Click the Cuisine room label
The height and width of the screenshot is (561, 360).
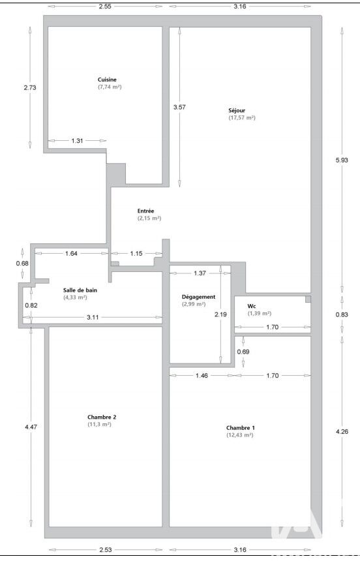pos(107,80)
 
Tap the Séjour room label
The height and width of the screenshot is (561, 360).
pos(237,110)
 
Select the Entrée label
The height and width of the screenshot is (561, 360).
pos(145,211)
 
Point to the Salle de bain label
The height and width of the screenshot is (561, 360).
pos(80,290)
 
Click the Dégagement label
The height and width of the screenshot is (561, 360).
pos(199,297)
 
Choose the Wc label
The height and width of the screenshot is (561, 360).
pos(252,306)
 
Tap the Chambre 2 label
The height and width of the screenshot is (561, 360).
pos(102,417)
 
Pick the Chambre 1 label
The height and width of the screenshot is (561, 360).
pos(241,428)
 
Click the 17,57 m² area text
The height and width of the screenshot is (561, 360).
pos(242,117)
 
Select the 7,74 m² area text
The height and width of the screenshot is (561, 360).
pos(110,87)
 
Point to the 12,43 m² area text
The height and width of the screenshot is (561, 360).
pos(240,435)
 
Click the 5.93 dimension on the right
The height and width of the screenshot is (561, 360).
pos(342,160)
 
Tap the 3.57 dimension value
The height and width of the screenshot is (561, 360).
pos(179,107)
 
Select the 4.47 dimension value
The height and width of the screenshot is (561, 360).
pos(31,427)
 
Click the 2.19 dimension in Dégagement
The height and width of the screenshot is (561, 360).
pos(221,314)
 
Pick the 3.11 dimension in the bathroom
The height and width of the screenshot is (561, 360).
pos(93,317)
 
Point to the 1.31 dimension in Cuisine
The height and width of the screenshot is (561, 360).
pos(77,141)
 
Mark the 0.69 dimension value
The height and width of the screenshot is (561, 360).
pos(243,352)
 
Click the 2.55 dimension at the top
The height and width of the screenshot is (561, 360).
pos(104,6)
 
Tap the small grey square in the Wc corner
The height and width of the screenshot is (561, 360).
pos(308,299)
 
